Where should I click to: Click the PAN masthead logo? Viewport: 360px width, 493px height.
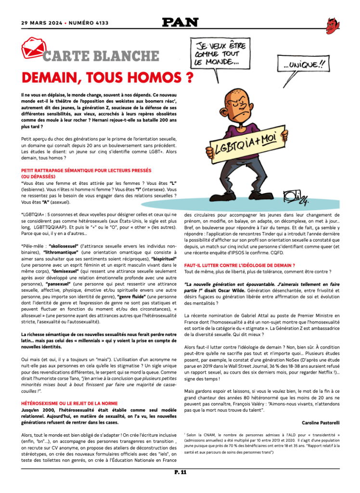pyautogui.click(x=180, y=22)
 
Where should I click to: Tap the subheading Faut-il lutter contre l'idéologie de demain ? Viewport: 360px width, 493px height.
pyautogui.click(x=239, y=265)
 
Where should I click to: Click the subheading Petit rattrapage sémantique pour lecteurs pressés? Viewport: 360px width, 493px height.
pyautogui.click(x=86, y=170)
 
